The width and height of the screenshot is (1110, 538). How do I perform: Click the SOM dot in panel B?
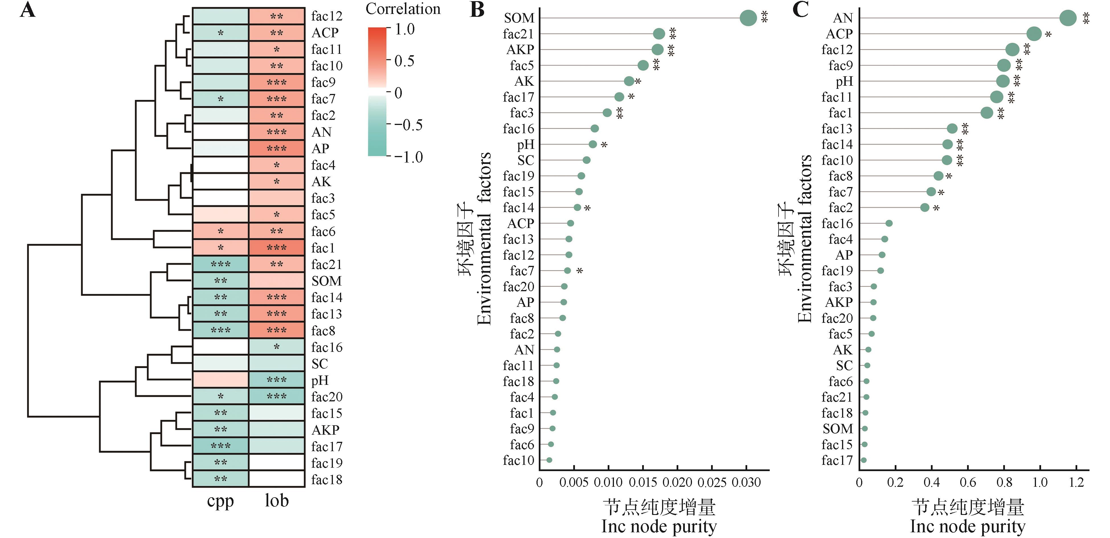pos(748,18)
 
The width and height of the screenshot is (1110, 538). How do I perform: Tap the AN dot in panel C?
pos(1068,18)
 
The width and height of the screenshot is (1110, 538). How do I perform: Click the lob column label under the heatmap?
pos(277,501)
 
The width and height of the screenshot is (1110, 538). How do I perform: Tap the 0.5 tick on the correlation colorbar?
pos(404,61)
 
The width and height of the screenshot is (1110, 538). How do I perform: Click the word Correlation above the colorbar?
pos(403,9)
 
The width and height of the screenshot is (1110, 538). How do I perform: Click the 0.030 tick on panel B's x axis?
pos(746,482)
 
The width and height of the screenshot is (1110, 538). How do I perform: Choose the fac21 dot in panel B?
pos(659,34)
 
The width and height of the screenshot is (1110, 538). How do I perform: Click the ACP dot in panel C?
pos(1034,34)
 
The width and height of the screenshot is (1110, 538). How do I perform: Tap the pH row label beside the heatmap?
pos(320,380)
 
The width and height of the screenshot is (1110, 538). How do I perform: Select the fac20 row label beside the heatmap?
pos(327,397)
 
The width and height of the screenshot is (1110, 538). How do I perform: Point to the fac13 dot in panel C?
pos(952,128)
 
